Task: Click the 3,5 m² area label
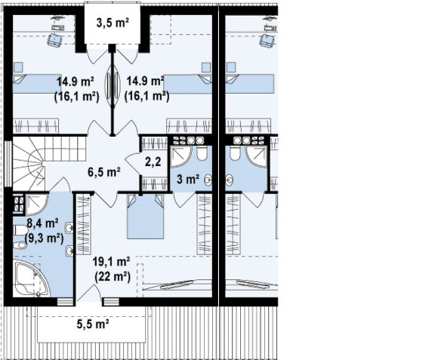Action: click(x=113, y=23)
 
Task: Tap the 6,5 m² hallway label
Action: click(x=104, y=172)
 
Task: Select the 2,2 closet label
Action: click(x=153, y=162)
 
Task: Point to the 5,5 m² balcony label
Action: click(x=92, y=325)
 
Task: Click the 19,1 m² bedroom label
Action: click(x=111, y=262)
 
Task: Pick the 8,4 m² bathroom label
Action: click(x=42, y=223)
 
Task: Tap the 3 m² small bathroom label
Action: click(x=188, y=179)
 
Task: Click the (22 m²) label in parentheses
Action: click(x=113, y=277)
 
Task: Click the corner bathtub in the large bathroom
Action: click(x=31, y=278)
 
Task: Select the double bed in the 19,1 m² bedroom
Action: click(x=145, y=217)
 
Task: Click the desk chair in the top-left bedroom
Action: click(x=54, y=39)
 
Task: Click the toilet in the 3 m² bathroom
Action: click(x=202, y=153)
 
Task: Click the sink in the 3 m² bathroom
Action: click(x=208, y=180)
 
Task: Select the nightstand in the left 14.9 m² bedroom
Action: click(x=18, y=67)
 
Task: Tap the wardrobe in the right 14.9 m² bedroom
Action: click(x=189, y=126)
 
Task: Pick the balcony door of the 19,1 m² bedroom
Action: click(x=89, y=293)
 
